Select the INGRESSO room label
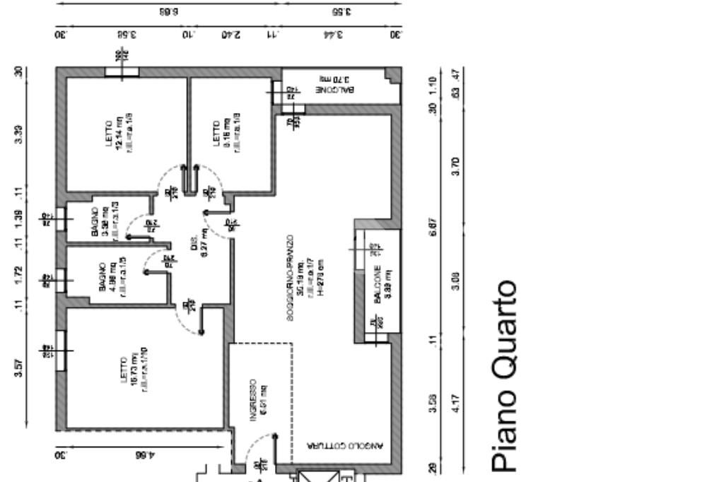258,403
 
